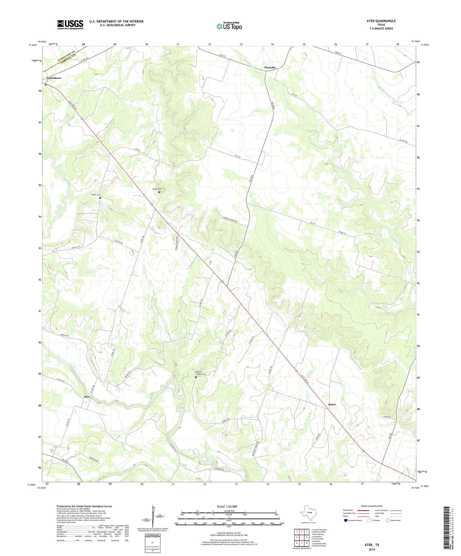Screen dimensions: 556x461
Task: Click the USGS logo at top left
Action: coord(70,25)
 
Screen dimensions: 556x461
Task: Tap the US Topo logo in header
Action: coord(229,26)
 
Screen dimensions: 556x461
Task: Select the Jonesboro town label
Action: coord(54,78)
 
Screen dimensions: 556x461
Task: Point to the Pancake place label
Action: coord(270,68)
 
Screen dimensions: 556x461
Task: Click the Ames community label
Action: coord(331,404)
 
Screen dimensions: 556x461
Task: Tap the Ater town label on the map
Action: coord(86,397)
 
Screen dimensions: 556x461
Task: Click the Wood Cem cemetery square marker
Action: coord(100,198)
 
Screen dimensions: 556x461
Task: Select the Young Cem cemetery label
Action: coord(157,189)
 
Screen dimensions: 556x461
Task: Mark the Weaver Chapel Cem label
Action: coord(201,373)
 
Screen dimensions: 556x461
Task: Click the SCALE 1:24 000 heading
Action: coord(227,506)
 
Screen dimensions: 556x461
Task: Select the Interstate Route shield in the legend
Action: coord(346,521)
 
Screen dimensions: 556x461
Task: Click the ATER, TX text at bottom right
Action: coord(372,545)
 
